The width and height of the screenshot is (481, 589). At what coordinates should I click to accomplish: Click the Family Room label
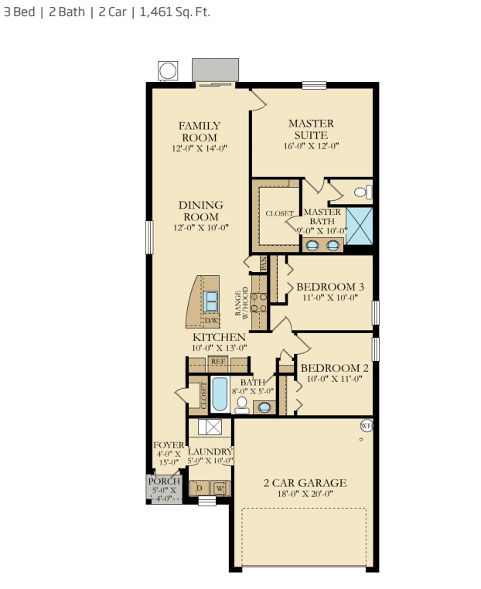[x=200, y=131]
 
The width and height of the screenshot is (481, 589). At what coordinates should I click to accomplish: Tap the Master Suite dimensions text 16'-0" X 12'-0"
[x=311, y=146]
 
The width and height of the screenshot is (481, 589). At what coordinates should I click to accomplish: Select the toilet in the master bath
[x=363, y=192]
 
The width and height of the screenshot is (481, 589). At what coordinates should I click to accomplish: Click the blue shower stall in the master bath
[x=360, y=226]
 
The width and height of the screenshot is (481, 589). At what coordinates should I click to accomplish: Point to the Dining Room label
[x=201, y=211]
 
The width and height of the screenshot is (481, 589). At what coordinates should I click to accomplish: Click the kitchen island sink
[x=211, y=301]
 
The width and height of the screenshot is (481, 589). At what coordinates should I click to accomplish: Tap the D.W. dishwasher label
[x=212, y=321]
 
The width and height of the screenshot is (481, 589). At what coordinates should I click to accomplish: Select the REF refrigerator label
[x=218, y=362]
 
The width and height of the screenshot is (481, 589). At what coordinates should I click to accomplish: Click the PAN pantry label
[x=264, y=264]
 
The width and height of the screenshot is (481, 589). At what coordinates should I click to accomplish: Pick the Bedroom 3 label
[x=330, y=287]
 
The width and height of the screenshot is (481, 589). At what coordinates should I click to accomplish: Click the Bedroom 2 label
[x=334, y=368]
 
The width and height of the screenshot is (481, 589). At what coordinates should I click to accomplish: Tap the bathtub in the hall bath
[x=220, y=394]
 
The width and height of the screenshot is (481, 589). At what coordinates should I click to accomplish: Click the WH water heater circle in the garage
[x=367, y=426]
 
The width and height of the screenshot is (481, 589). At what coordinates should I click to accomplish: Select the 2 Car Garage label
[x=305, y=482]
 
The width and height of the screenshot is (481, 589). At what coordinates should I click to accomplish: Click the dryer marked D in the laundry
[x=200, y=488]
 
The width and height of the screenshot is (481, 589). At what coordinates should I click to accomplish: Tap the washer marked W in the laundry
[x=220, y=489]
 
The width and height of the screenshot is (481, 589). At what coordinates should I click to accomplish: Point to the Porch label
[x=164, y=482]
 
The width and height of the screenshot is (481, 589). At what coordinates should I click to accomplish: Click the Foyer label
[x=169, y=445]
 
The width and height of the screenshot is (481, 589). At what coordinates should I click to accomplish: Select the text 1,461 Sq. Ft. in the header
[x=175, y=12]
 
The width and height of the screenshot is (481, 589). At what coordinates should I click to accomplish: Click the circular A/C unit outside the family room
[x=168, y=70]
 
